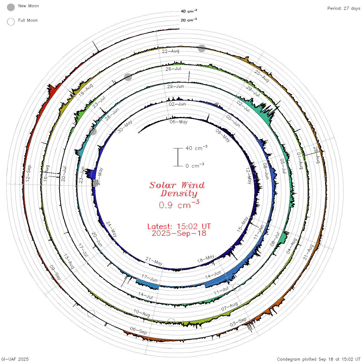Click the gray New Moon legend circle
tap(11, 7)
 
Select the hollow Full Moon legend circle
tap(11, 22)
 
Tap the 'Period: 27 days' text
tap(344, 9)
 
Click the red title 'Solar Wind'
tap(177, 185)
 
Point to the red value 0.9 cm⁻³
tap(179, 205)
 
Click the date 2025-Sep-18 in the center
tap(179, 233)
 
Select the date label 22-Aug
tap(171, 51)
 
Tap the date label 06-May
tap(178, 122)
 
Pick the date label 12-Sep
tap(28, 173)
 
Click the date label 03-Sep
tap(238, 322)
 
